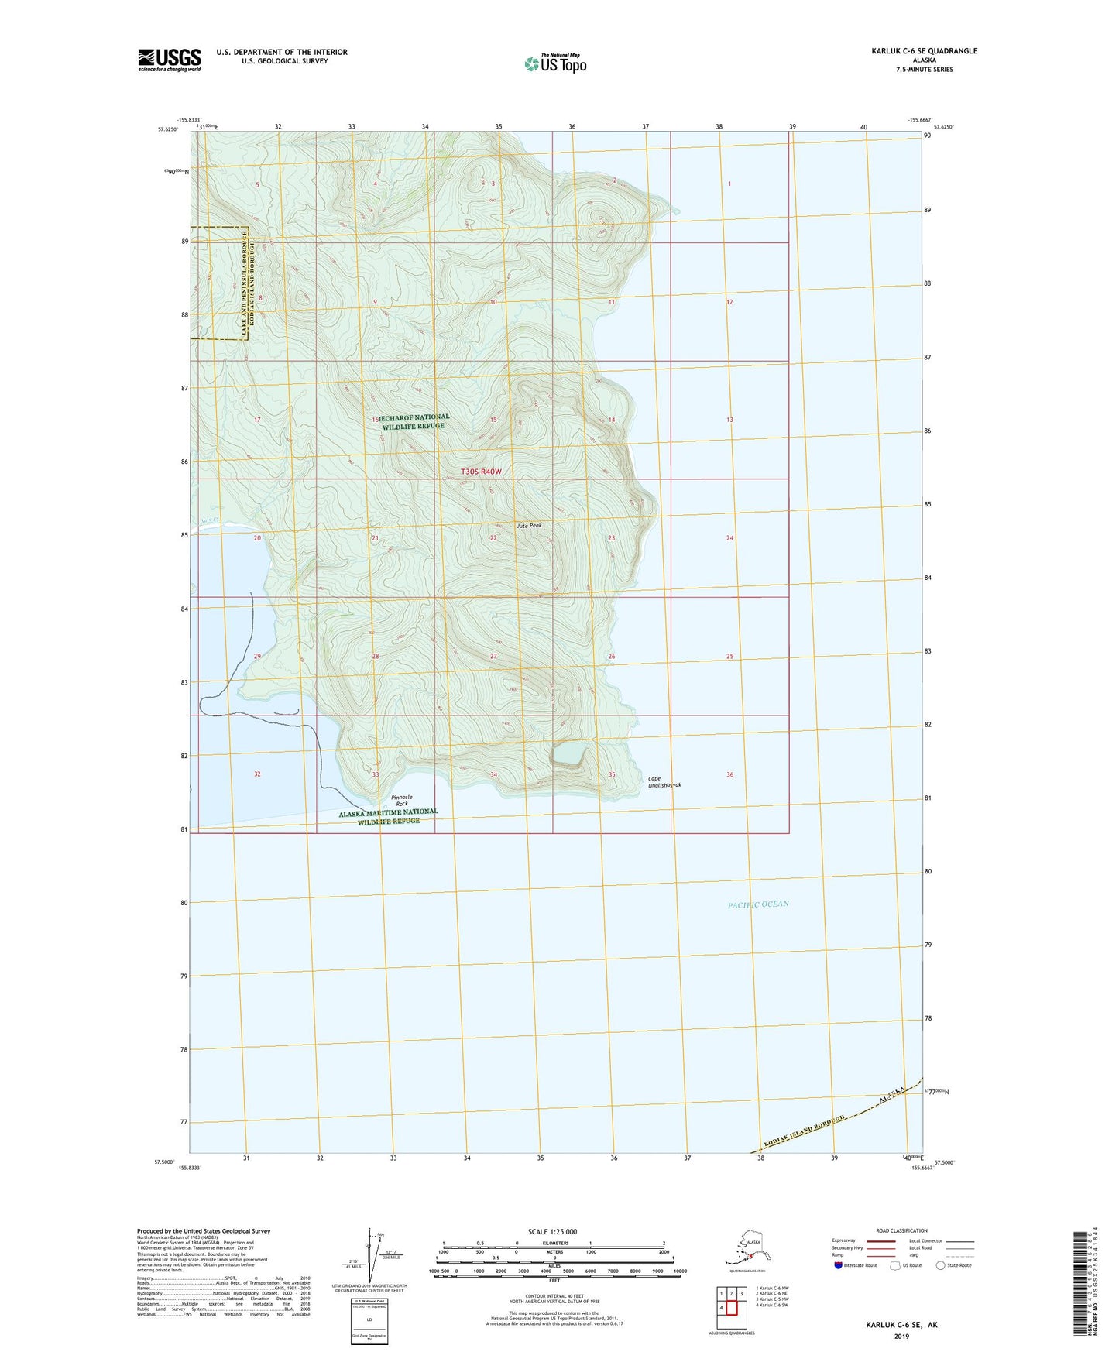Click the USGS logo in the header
[169, 60]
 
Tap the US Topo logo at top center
[555, 63]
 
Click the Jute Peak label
[529, 526]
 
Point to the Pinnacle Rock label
[401, 800]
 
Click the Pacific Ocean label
[757, 904]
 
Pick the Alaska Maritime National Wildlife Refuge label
[388, 816]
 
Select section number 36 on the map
[729, 774]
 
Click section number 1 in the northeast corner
[729, 184]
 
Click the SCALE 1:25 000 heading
[552, 1231]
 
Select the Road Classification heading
[901, 1230]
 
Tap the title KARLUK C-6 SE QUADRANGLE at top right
[924, 51]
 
